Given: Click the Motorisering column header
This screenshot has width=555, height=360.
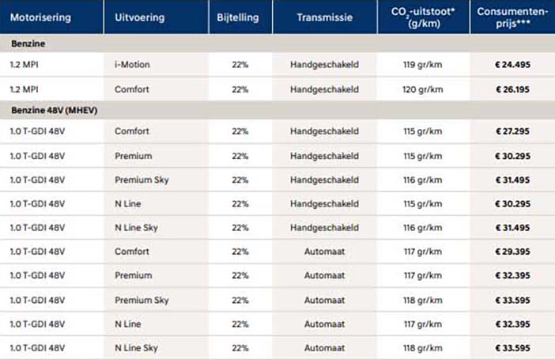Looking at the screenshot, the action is (40, 17).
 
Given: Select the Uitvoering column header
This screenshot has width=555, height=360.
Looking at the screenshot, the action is (139, 17).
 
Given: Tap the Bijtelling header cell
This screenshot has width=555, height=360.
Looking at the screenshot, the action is (238, 17).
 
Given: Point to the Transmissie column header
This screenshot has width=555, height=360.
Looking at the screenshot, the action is (325, 17).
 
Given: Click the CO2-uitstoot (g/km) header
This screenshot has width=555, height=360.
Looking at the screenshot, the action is (423, 17).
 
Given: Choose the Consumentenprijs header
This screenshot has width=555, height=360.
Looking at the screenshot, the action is (512, 17).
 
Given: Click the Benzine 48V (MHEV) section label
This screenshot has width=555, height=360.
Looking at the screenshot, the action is (54, 110).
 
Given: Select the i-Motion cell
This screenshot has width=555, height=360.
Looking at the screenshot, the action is (132, 65).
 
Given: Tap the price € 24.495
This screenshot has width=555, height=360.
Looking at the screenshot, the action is (512, 65).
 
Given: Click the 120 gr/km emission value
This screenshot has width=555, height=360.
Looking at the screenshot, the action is (423, 89).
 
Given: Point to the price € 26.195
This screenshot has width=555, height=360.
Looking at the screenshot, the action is (512, 89).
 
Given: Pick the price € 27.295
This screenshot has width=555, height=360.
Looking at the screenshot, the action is (512, 131).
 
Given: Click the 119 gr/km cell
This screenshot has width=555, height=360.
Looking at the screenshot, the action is (423, 65).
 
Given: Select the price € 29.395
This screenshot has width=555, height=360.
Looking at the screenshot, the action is (512, 252).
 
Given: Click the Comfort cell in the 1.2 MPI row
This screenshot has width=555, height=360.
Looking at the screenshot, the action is (132, 89).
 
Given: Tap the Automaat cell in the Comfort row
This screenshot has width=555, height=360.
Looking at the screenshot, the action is (325, 252).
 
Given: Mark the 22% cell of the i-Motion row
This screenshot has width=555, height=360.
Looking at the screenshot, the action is (240, 65).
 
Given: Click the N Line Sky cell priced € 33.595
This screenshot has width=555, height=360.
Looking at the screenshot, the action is (136, 348).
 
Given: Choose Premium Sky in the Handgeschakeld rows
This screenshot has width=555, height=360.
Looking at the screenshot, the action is (142, 180).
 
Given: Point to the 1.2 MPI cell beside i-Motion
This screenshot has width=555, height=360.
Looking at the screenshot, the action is (24, 65).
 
